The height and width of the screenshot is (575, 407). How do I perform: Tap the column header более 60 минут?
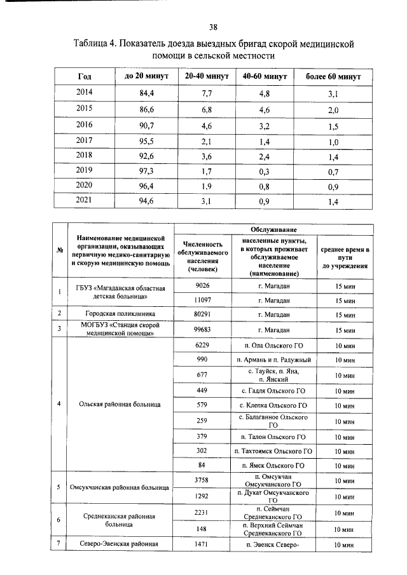pos(333,76)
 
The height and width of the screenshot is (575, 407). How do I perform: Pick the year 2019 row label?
pos(85,170)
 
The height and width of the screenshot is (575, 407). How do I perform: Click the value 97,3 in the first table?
pos(146,171)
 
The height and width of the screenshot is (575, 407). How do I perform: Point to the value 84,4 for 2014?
pos(146,93)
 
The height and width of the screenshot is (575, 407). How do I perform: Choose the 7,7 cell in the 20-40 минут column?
pos(206,93)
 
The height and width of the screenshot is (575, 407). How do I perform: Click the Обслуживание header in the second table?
pos(275,229)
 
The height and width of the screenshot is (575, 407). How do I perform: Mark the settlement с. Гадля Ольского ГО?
pos(274,390)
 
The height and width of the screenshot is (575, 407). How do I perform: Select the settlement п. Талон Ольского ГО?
pos(274,436)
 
